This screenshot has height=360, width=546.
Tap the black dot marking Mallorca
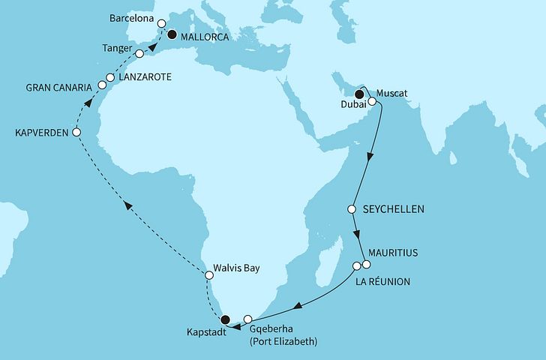click(172, 34)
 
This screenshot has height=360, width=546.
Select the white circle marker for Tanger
click(139, 54)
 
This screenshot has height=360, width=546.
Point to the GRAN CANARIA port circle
click(97, 87)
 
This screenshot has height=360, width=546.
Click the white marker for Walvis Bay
click(210, 276)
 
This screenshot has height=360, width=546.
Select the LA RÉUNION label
click(384, 281)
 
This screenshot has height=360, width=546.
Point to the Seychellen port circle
click(351, 209)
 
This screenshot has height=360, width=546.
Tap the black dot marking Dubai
click(359, 94)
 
